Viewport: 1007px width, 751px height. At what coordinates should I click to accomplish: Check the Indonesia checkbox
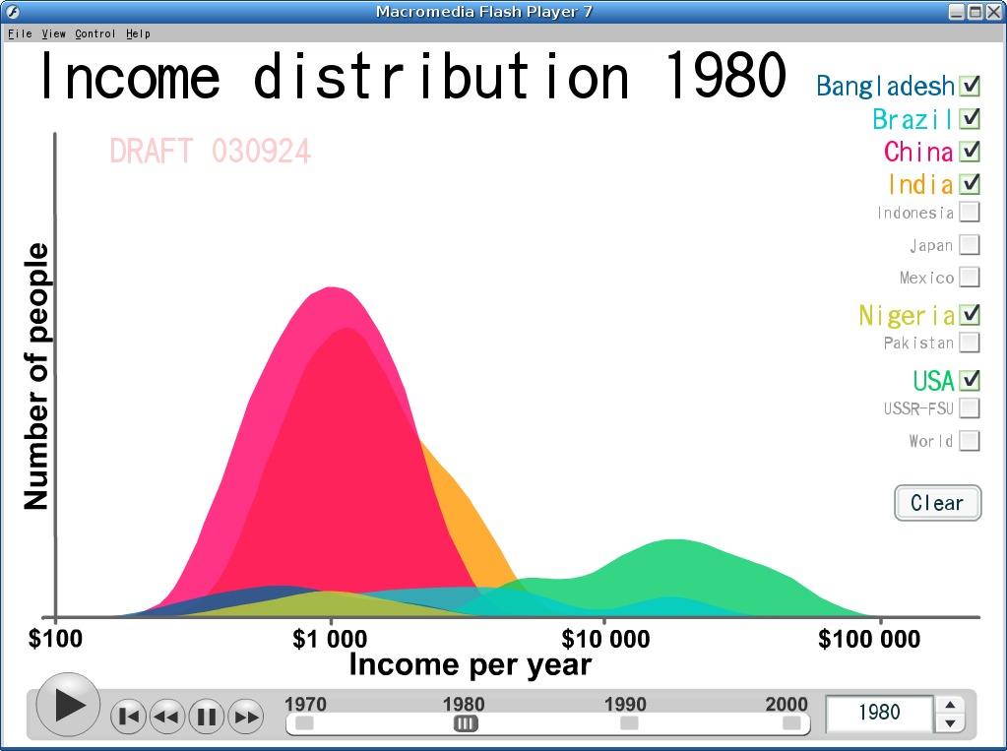point(970,212)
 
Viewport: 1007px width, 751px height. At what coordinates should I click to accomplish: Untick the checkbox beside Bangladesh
point(970,86)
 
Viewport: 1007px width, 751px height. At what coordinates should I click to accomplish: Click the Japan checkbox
point(970,245)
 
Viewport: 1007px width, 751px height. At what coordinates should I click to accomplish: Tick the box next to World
point(970,441)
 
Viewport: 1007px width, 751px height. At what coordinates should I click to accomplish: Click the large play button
point(68,705)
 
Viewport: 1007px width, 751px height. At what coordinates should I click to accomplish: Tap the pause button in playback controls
point(206,717)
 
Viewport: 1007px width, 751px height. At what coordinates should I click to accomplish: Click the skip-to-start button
point(128,717)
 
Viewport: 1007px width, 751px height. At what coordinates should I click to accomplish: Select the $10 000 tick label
point(605,639)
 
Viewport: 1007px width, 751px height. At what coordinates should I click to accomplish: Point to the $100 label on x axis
point(55,639)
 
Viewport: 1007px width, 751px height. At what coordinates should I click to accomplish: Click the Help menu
point(138,33)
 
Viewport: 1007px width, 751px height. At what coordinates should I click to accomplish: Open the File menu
point(20,33)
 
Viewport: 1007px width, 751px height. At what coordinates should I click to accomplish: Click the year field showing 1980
point(879,713)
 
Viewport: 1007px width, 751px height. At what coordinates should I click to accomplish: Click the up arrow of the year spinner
point(951,705)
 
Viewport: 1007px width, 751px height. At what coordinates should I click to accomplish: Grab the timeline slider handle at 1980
point(466,723)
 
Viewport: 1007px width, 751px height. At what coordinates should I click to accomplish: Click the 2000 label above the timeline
point(787,704)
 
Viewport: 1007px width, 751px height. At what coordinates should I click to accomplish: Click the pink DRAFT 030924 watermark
point(211,152)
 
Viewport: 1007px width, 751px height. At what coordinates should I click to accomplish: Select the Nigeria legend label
point(907,315)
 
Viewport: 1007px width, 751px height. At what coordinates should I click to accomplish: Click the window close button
point(993,12)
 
